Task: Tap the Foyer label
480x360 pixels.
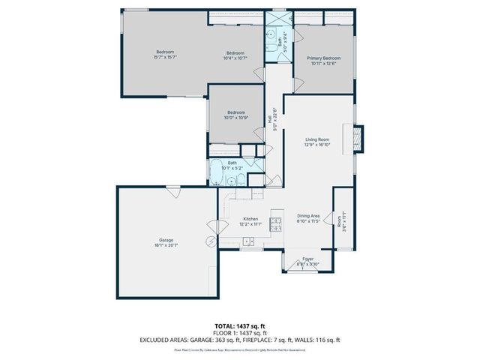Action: click(x=307, y=262)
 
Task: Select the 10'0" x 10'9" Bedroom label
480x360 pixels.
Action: click(x=235, y=115)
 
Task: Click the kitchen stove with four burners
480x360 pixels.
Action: click(x=275, y=223)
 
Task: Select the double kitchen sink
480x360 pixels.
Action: click(x=248, y=241)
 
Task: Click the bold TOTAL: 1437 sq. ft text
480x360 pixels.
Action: click(x=239, y=325)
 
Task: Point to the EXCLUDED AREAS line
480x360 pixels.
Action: click(x=239, y=339)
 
